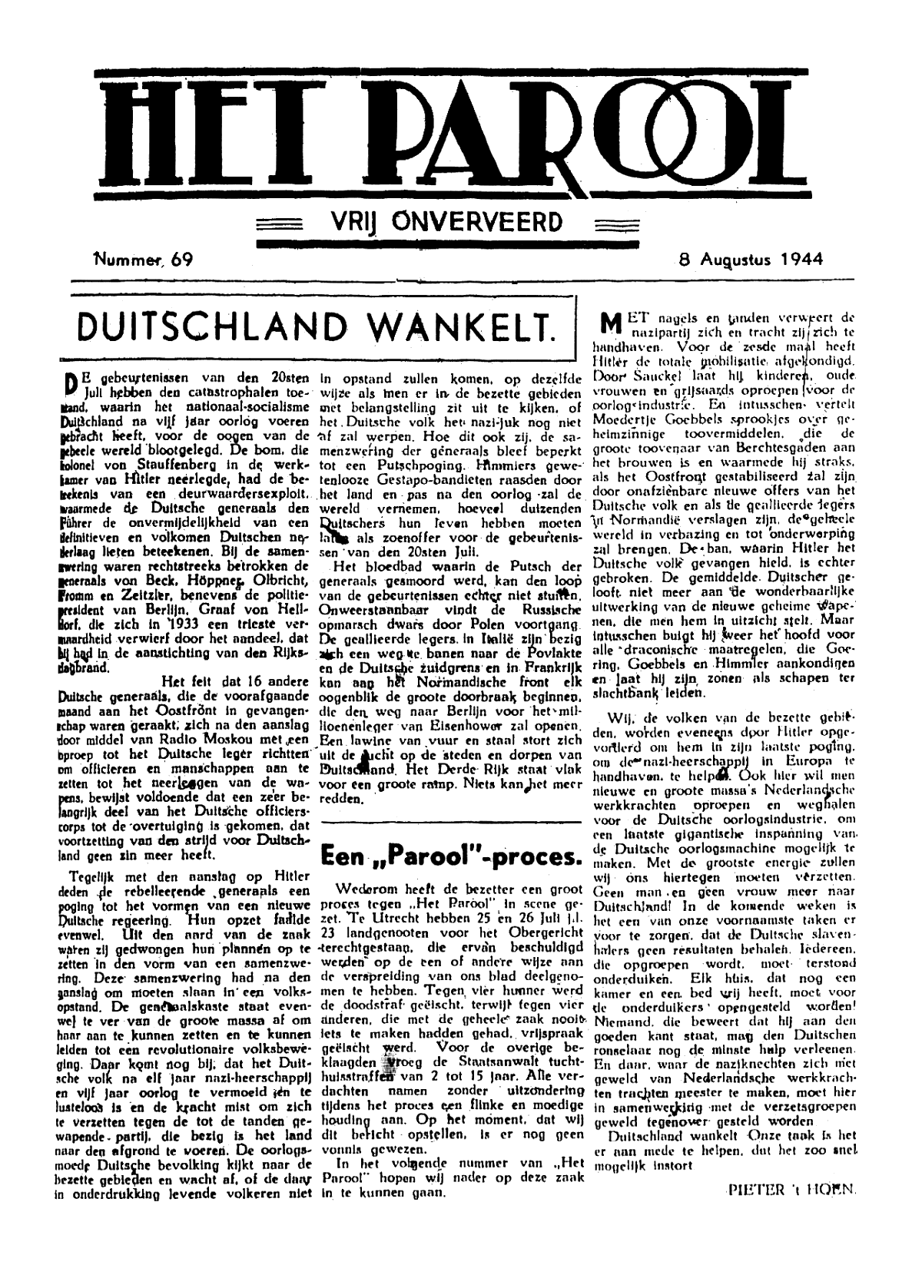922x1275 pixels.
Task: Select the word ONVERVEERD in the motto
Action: tap(477, 223)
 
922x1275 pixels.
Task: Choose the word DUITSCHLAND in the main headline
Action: tap(201, 326)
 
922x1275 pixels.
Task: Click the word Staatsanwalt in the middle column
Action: tap(493, 1061)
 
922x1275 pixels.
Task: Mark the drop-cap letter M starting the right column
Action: tap(609, 323)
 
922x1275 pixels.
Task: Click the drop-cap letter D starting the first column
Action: tap(69, 382)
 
